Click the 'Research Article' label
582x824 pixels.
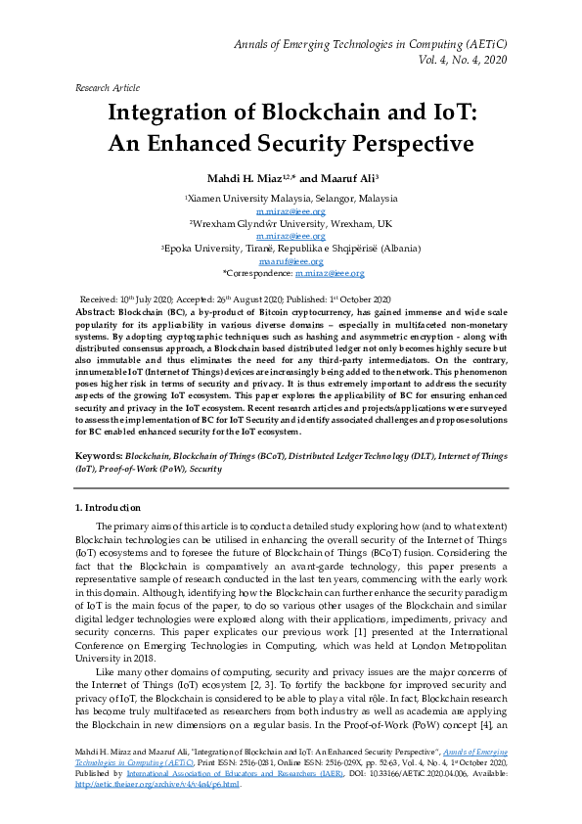click(107, 87)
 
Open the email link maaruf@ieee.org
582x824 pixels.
click(291, 261)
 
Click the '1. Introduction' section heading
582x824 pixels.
click(108, 507)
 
